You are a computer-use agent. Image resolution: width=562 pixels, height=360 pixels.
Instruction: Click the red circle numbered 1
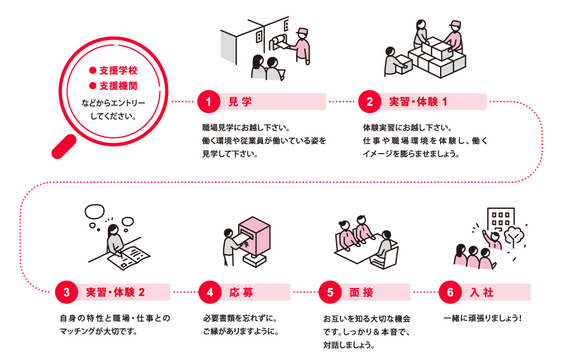[209, 102]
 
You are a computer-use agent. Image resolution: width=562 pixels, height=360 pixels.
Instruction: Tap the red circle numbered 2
[369, 102]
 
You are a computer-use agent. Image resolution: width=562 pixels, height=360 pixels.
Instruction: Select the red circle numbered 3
[67, 292]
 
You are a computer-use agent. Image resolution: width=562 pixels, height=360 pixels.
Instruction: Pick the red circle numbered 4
[210, 292]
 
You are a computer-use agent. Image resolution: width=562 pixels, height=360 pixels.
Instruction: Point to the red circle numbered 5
[330, 292]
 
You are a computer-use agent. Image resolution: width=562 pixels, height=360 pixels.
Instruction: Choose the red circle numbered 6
[450, 292]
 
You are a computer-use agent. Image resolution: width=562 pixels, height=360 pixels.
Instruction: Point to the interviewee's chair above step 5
[390, 257]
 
